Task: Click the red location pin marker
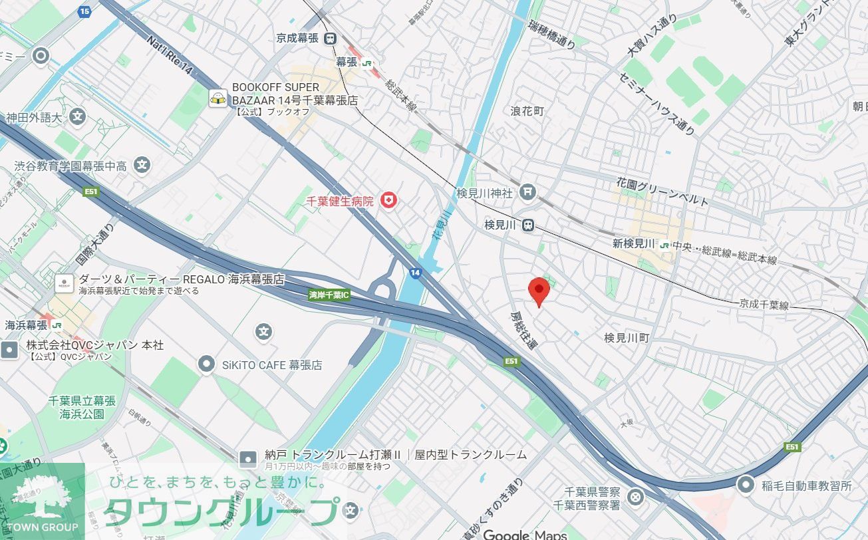pyautogui.click(x=538, y=291)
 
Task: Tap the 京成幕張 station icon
pyautogui.click(x=331, y=39)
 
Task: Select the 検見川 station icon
pyautogui.click(x=527, y=225)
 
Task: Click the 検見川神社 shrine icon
pyautogui.click(x=527, y=193)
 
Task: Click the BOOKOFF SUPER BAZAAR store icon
pyautogui.click(x=217, y=98)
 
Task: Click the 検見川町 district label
pyautogui.click(x=627, y=338)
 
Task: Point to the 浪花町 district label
pyautogui.click(x=527, y=111)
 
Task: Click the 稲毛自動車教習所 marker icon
pyautogui.click(x=746, y=485)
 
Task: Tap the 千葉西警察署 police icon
pyautogui.click(x=636, y=496)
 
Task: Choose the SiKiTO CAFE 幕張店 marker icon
pyautogui.click(x=207, y=364)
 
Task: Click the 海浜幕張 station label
pyautogui.click(x=27, y=325)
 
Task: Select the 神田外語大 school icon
pyautogui.click(x=78, y=118)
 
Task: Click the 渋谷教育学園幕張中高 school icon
pyautogui.click(x=141, y=166)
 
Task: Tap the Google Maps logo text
pyautogui.click(x=525, y=534)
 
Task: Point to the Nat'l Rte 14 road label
pyautogui.click(x=169, y=55)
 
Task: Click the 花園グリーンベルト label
pyautogui.click(x=662, y=191)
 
